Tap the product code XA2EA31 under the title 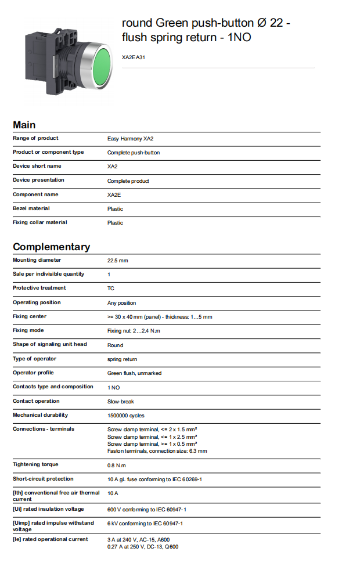tap(133, 57)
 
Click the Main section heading tap(24, 125)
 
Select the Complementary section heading tap(52, 247)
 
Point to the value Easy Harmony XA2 tap(130, 139)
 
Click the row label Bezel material tap(31, 208)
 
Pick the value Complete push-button tap(134, 153)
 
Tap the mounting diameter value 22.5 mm tap(118, 261)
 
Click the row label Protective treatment tap(39, 288)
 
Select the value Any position tap(122, 303)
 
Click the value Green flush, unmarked tap(134, 373)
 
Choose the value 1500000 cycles tap(126, 416)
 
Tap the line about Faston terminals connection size tap(157, 451)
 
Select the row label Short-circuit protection tap(43, 479)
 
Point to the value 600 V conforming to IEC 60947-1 tap(147, 510)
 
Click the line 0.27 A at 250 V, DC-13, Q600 tap(143, 547)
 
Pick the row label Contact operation tap(36, 401)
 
